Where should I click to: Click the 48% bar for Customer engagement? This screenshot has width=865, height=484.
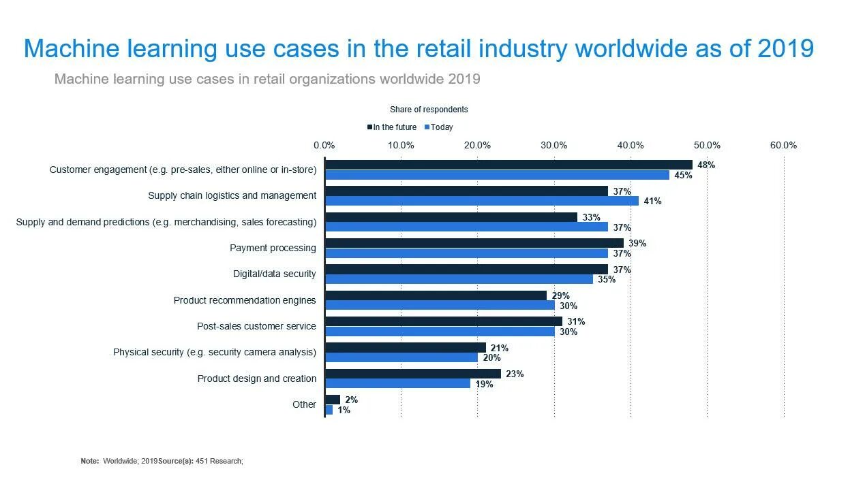coord(508,165)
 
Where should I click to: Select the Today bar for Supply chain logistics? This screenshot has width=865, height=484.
coord(482,201)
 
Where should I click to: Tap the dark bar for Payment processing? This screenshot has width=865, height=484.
coord(474,243)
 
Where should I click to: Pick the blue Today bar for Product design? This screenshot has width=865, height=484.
coord(397,384)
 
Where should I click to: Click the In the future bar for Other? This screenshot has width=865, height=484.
coord(333,400)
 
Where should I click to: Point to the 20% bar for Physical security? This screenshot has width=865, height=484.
coord(401,357)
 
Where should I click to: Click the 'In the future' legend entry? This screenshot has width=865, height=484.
coord(392,127)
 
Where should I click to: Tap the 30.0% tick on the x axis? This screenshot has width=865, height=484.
coord(554,145)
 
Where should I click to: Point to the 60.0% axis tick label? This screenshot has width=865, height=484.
coord(783,145)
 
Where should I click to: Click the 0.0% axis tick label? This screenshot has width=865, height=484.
coord(324,145)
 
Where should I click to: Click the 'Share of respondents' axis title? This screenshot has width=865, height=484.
coord(429,110)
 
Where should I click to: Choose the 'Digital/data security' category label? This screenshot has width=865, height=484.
coord(274,274)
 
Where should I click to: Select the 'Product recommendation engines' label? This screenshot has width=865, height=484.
coord(245,300)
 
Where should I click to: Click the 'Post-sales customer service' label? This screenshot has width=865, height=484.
coord(256,326)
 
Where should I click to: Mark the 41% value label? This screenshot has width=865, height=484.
coord(652,201)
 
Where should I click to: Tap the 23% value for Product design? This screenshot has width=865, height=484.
coord(515,374)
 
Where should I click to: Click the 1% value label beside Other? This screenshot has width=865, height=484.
coord(344,410)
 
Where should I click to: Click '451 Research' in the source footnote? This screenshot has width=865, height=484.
coord(218,461)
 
